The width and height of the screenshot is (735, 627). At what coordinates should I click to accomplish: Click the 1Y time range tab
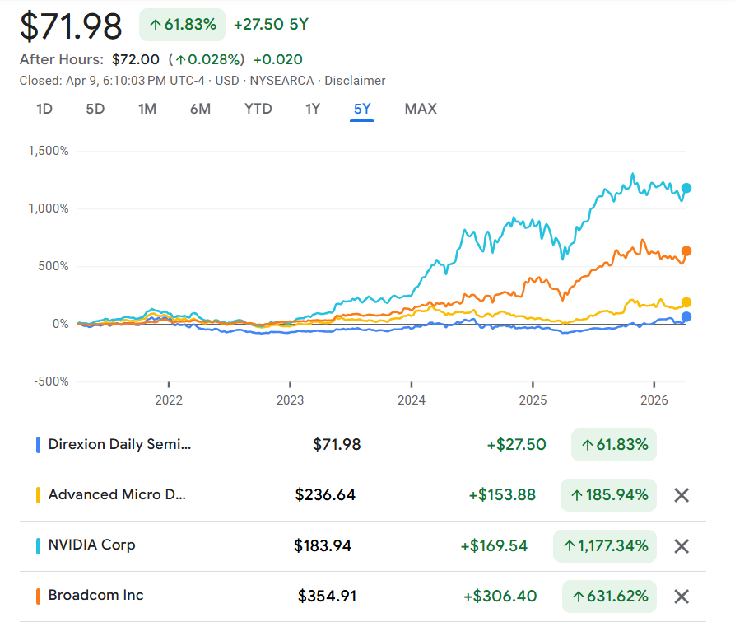point(313,109)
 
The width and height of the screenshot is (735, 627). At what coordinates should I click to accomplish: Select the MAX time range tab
point(421,109)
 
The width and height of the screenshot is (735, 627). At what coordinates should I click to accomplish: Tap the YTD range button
point(258,109)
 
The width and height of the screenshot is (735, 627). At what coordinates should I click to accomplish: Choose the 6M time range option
point(200,109)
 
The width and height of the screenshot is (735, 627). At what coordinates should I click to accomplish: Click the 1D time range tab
point(44,109)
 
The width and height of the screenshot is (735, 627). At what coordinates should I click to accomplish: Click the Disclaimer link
point(356,81)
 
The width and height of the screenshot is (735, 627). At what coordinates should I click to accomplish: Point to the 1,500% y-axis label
point(49,151)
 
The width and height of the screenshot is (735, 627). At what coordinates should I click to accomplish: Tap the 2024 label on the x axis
point(412,400)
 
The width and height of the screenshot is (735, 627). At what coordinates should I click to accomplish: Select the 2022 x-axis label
point(169,400)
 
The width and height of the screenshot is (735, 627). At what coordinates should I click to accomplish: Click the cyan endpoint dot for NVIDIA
point(686,189)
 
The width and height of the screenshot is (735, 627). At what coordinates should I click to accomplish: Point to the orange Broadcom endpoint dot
point(686,251)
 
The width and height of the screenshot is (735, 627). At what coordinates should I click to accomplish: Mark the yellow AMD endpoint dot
point(686,302)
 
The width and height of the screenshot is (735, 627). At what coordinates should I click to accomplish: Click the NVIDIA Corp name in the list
point(91,545)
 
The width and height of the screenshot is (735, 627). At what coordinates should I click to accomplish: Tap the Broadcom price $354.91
point(328,596)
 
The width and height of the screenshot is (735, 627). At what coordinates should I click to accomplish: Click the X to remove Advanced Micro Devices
point(682,495)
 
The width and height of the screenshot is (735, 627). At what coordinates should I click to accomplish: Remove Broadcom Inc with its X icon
point(682,597)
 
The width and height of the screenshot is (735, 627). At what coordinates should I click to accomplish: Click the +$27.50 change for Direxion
point(516,445)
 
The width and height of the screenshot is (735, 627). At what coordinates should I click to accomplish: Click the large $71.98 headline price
point(71,26)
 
